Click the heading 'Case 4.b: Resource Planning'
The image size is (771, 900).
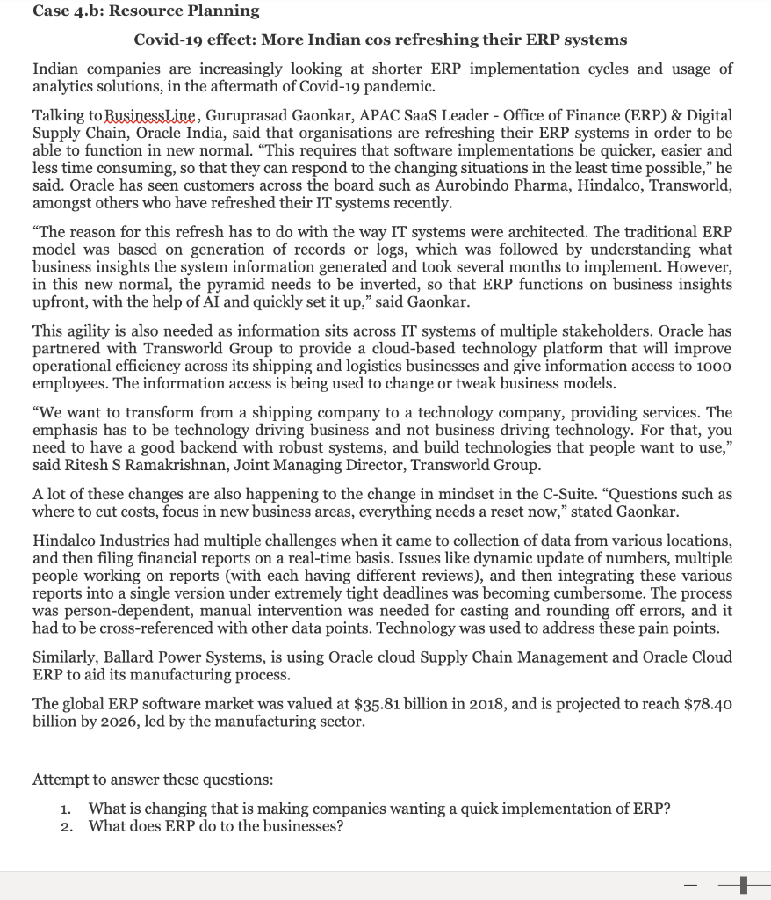click(x=146, y=11)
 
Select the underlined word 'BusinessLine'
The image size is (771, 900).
click(x=158, y=116)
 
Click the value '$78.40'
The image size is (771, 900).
click(x=703, y=704)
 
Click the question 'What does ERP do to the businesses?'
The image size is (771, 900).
click(x=216, y=827)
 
